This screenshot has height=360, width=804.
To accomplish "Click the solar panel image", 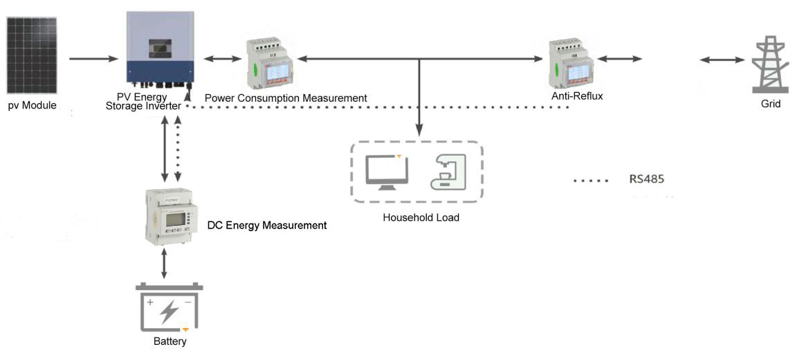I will pos(33,55).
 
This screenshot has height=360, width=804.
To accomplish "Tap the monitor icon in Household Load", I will pos(387,171).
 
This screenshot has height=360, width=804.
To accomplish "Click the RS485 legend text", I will pos(646,179).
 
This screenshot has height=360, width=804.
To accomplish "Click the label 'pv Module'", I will pos(33,106).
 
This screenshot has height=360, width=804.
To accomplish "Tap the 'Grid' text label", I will pos(770,104).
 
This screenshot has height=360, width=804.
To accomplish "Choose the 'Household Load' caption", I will pos(421,217).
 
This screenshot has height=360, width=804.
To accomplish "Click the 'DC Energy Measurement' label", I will pos(267,225).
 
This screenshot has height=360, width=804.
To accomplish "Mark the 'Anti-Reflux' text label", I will pos(577,96).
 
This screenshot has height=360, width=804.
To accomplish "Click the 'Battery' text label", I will pos(170,341).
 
